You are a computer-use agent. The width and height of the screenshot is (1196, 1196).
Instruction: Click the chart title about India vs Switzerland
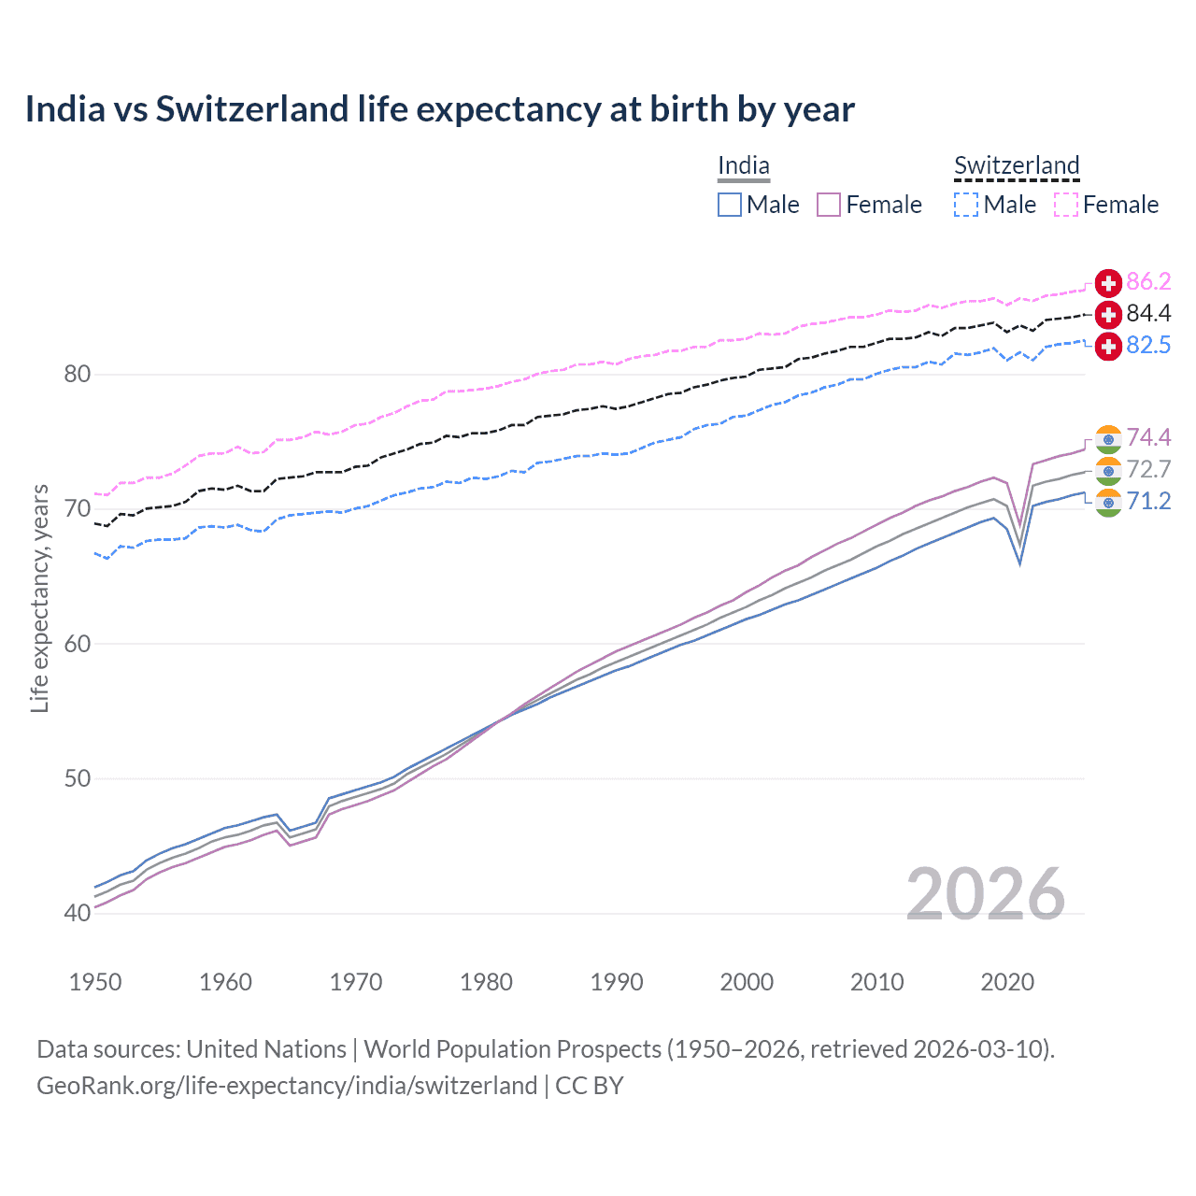[x=439, y=109]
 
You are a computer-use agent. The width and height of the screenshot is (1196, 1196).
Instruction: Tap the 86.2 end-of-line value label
[x=1148, y=282]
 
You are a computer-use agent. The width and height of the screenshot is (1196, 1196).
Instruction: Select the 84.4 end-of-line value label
[x=1148, y=314]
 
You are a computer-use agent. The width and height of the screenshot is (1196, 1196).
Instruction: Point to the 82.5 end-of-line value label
[x=1148, y=346]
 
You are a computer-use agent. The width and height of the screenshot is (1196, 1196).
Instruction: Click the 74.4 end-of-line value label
[x=1148, y=438]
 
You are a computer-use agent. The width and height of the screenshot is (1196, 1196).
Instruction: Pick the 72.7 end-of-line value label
[x=1148, y=470]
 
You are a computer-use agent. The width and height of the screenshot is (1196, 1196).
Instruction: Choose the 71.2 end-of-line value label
[x=1148, y=502]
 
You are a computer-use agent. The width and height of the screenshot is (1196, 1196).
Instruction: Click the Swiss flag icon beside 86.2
[x=1108, y=283]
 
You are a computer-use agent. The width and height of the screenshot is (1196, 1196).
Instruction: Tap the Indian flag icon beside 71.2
[x=1108, y=503]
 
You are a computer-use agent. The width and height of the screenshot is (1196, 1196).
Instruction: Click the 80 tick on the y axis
[x=77, y=375]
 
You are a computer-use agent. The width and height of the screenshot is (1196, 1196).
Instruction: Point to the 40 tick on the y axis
[x=77, y=913]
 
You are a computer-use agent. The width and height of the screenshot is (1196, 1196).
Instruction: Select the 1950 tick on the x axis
[x=95, y=982]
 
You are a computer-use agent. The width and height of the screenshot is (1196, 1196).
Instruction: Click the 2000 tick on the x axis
[x=747, y=982]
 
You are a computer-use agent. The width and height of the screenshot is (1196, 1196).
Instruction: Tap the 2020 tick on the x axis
[x=1007, y=982]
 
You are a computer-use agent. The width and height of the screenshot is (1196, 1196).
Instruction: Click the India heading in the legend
[x=744, y=166]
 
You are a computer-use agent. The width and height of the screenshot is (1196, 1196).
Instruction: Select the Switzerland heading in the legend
[x=1017, y=166]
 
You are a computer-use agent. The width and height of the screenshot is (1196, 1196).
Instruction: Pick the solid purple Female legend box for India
[x=829, y=205]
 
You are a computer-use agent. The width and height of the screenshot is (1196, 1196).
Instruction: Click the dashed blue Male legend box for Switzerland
[x=966, y=205]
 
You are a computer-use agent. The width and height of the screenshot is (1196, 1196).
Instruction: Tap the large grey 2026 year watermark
[x=986, y=894]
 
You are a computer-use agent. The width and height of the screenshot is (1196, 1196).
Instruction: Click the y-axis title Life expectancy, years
[x=40, y=598]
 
